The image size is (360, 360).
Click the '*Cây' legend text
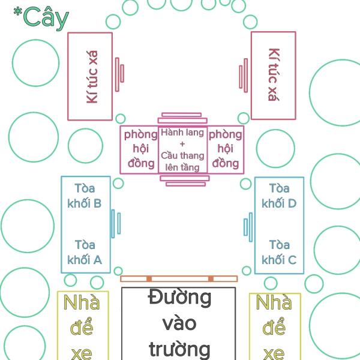[x=41, y=17]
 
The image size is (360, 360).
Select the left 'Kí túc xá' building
[x=90, y=76]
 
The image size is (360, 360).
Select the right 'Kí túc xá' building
[x=274, y=76]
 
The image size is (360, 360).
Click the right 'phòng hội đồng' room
[x=226, y=149]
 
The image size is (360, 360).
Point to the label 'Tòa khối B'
[x=85, y=196]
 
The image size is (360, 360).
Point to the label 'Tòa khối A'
[x=85, y=253]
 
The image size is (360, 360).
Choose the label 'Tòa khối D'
[x=279, y=196]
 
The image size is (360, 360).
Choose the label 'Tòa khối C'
[x=279, y=253]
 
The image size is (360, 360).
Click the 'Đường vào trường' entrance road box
[x=179, y=323]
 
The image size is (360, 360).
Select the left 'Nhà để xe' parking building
[x=81, y=326]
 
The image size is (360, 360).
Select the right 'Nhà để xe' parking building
[x=274, y=326]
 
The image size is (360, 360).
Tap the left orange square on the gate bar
[x=149, y=279]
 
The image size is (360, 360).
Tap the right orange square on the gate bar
[x=211, y=279]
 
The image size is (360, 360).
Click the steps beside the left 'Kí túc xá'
[x=120, y=74]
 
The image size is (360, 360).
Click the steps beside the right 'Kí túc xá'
[x=244, y=74]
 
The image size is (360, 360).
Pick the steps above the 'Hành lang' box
[x=184, y=119]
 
